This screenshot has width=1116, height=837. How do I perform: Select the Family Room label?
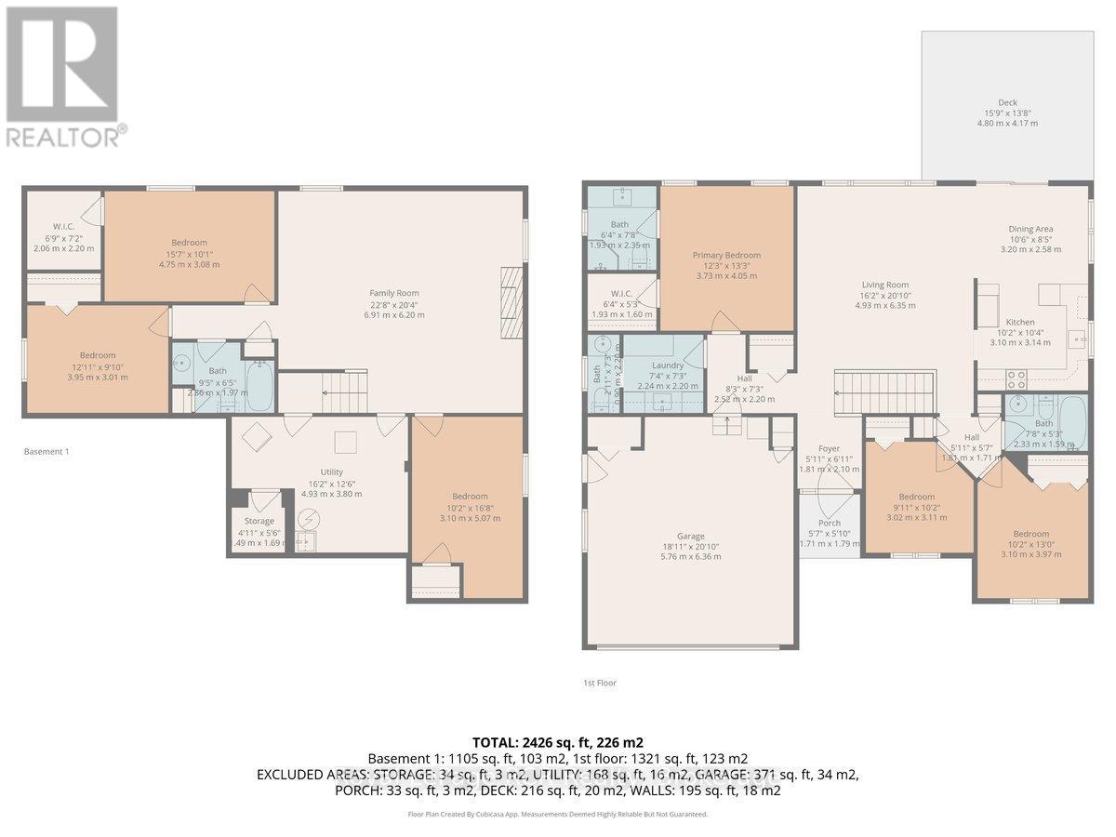396,293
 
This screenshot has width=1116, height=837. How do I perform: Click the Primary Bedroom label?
726,255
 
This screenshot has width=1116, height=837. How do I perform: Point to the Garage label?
690,536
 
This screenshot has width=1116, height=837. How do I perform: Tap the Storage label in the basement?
259,521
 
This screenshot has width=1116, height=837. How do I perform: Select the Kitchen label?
993,322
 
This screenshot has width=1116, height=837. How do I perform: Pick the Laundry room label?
668,365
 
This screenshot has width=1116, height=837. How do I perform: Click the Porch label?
829,523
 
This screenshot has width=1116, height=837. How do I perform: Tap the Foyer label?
829,448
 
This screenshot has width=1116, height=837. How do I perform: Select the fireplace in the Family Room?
511,303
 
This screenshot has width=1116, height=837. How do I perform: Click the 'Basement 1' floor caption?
46,452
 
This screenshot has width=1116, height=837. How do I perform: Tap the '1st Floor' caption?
599,683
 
